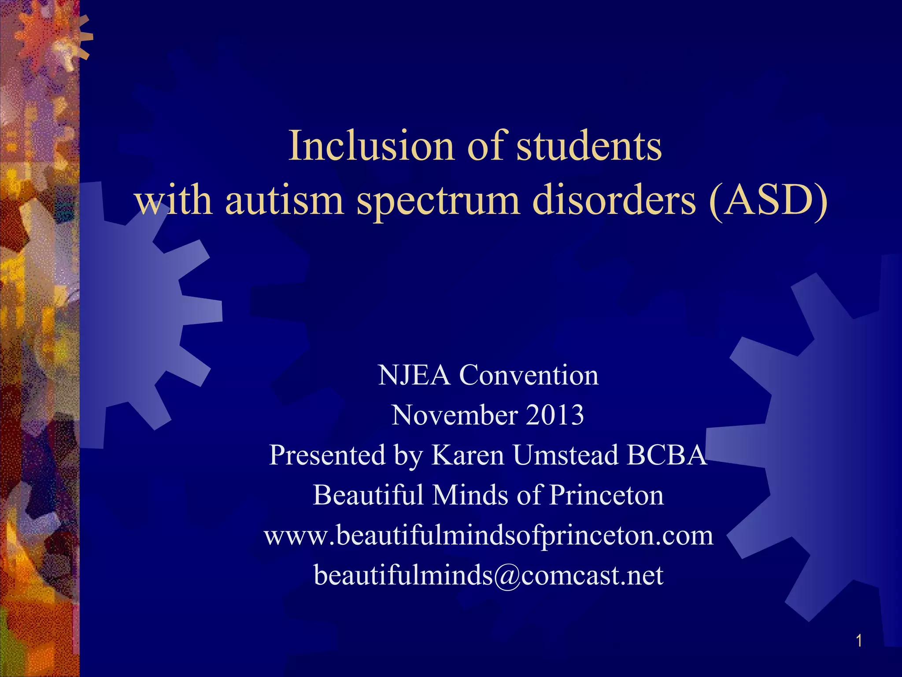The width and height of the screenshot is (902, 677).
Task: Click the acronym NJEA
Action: pyautogui.click(x=414, y=376)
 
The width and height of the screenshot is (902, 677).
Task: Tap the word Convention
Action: pyautogui.click(x=529, y=376)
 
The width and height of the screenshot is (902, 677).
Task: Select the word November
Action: pyautogui.click(x=454, y=415)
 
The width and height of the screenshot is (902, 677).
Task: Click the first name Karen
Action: pyautogui.click(x=467, y=455)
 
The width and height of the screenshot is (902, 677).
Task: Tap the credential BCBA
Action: pyautogui.click(x=667, y=455)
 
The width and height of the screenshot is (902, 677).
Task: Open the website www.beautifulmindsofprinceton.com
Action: pyautogui.click(x=488, y=536)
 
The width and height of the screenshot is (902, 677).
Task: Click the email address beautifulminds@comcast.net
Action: pyautogui.click(x=488, y=575)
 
